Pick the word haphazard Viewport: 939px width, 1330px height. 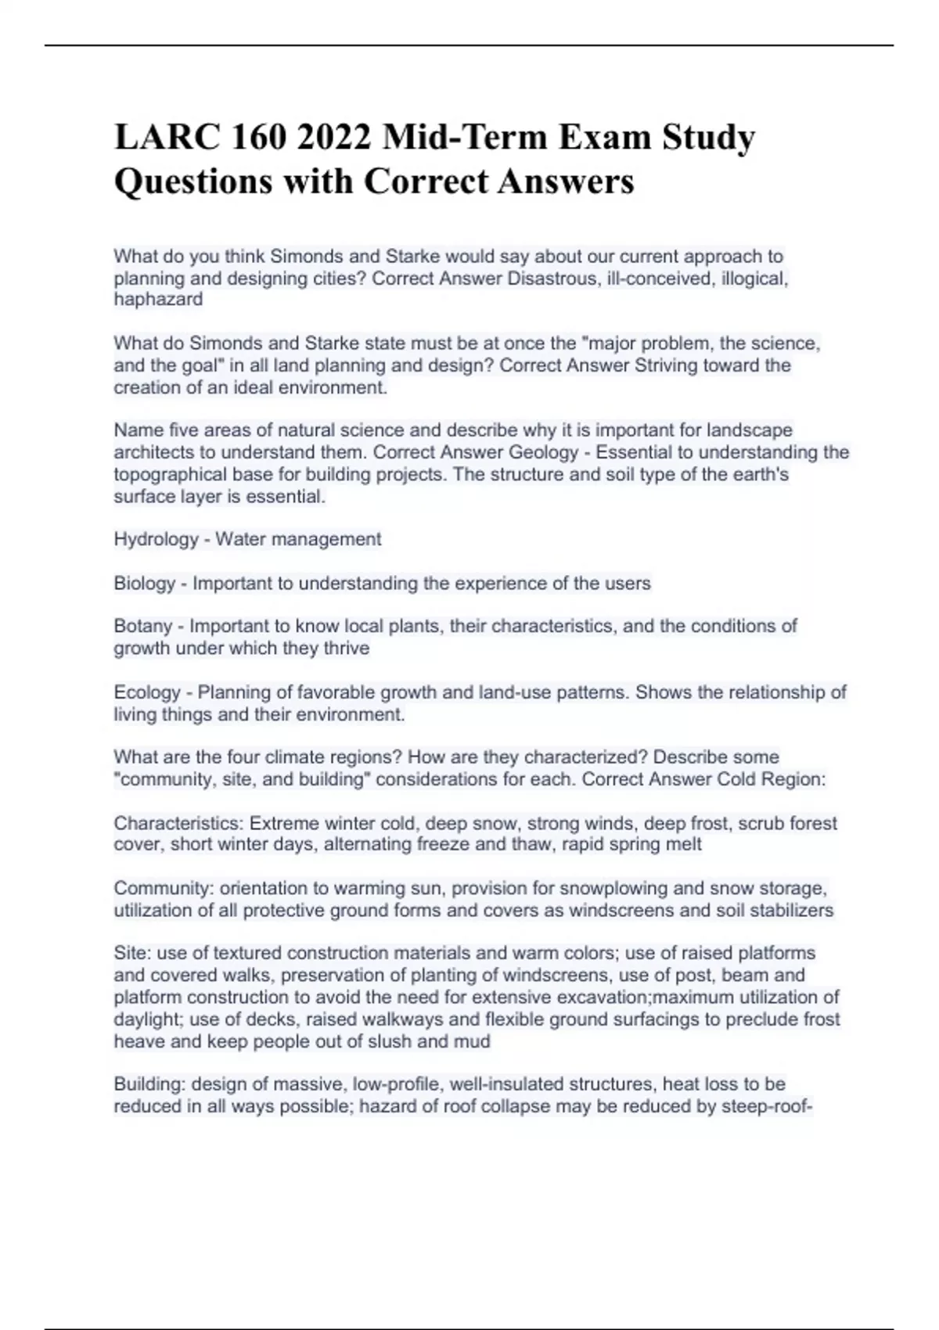[x=158, y=299]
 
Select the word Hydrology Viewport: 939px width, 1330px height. [x=156, y=539]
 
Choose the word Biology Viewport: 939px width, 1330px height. [x=145, y=583]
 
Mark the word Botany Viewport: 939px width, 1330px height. [x=142, y=626]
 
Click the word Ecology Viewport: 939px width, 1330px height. [x=147, y=692]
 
